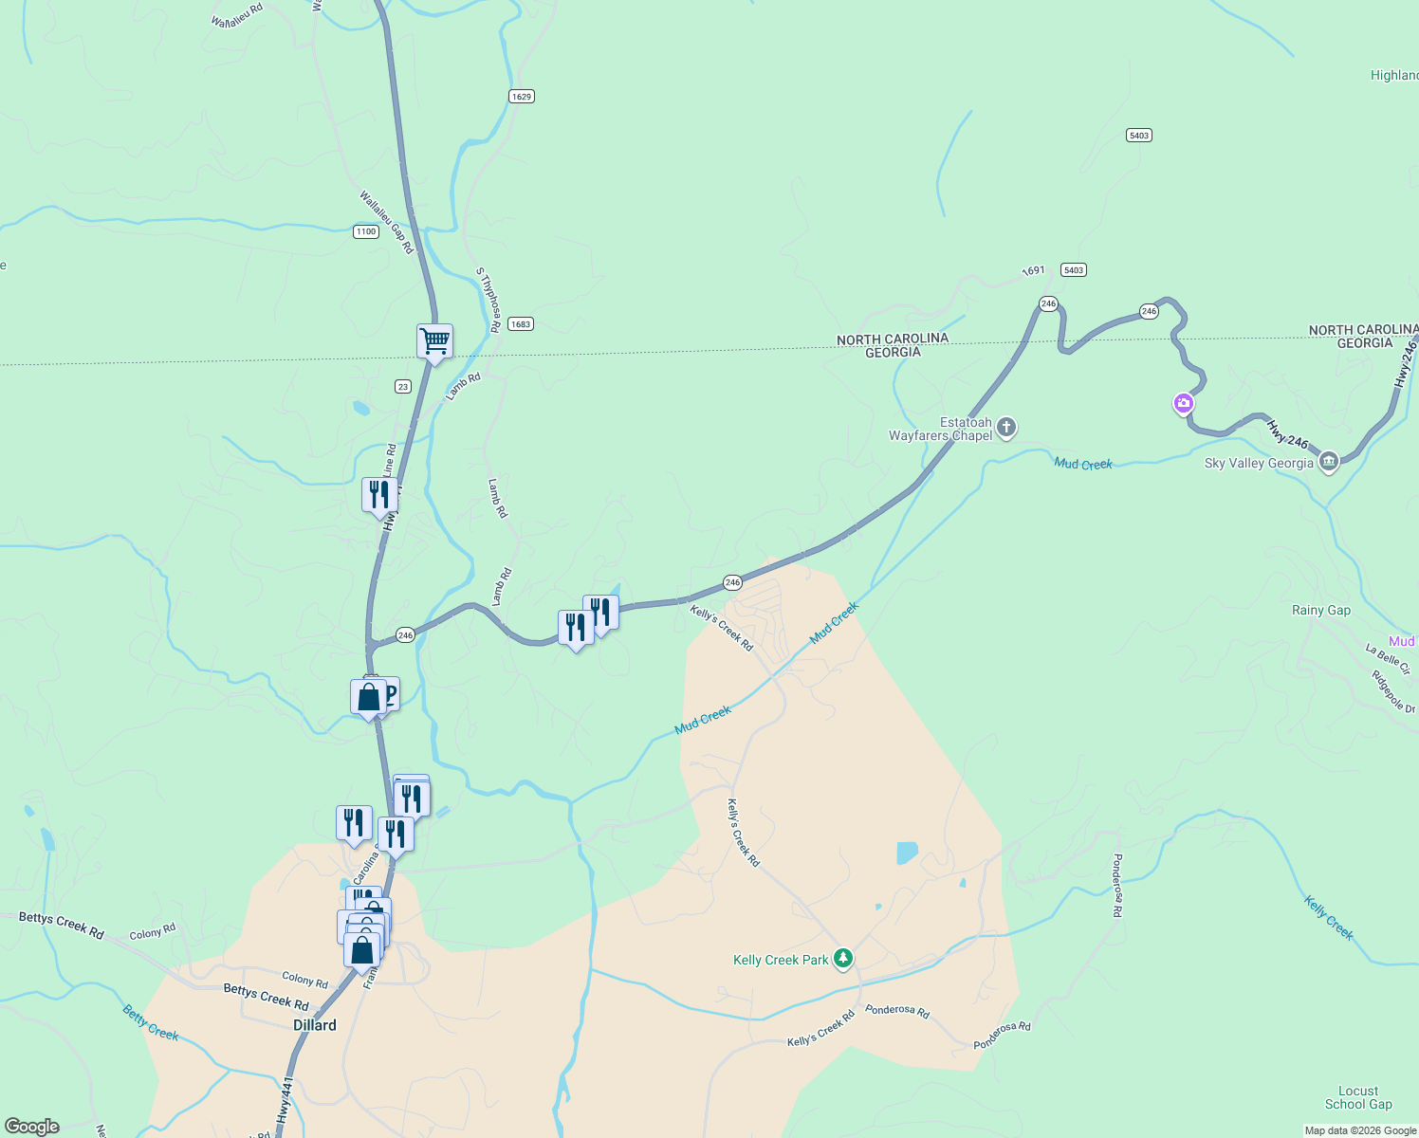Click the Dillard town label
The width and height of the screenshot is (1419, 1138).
[x=314, y=1025]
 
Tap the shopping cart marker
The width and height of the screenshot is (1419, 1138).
[x=434, y=340]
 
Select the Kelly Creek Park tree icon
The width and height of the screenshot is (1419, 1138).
[x=842, y=958]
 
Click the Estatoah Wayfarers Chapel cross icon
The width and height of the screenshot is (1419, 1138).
[x=1006, y=428]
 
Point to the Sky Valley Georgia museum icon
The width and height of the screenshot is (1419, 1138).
[x=1329, y=463]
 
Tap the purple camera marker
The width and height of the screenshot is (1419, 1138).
[x=1184, y=404]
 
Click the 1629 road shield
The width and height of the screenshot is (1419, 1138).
[x=521, y=96]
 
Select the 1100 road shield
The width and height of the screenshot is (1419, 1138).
[x=366, y=231]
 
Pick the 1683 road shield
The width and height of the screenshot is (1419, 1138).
[x=520, y=324]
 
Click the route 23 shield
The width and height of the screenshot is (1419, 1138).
[x=403, y=386]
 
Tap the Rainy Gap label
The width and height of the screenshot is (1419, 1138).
[x=1320, y=610]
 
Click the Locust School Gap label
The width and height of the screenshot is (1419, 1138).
[x=1358, y=1097]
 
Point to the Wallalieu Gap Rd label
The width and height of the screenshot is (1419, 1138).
[x=386, y=222]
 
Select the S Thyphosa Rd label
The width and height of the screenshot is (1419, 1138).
[x=488, y=300]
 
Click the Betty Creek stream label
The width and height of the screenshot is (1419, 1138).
[x=151, y=1022]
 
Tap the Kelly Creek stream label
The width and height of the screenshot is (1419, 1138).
[x=1328, y=917]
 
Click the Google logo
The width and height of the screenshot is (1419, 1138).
[x=32, y=1127]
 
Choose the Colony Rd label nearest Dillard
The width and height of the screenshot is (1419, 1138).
[x=304, y=980]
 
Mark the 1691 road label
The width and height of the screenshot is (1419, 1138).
[x=1033, y=271]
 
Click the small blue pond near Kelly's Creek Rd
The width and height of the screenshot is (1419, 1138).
[x=907, y=853]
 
